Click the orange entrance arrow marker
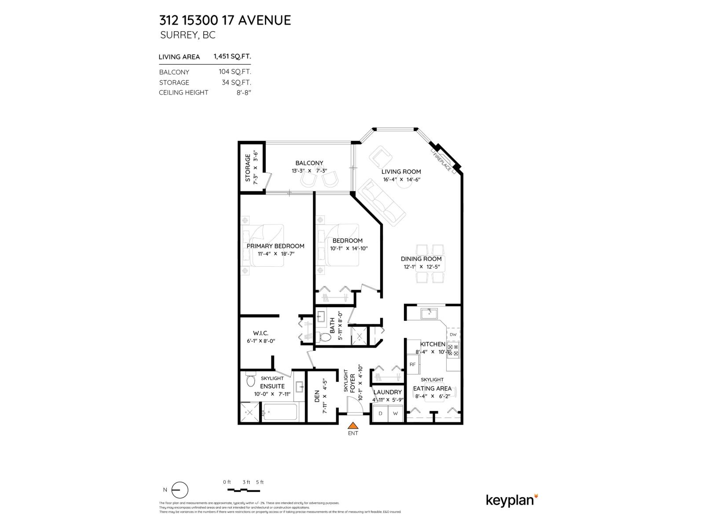point(352,425)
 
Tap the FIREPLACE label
point(442,161)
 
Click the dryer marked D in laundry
point(380,414)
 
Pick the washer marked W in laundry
point(395,414)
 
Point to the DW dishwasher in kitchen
point(453,334)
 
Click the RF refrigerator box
point(413,364)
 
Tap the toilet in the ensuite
point(250,380)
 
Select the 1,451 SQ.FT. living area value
point(232,56)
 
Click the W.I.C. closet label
point(260,333)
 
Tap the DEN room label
point(317,398)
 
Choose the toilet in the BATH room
point(325,337)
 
